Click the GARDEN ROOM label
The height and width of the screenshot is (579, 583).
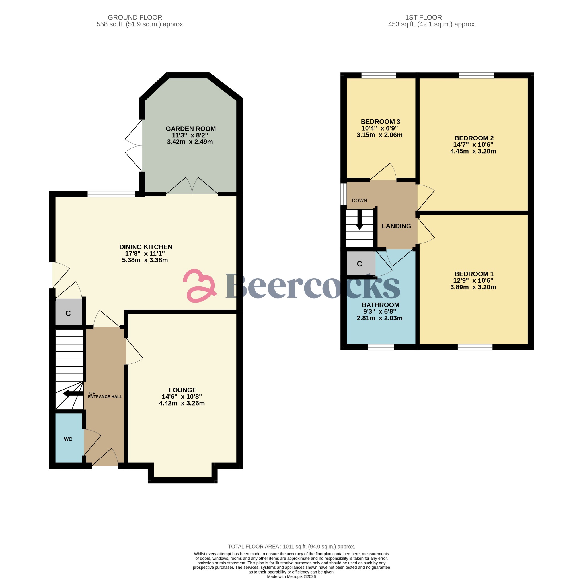pos(190,129)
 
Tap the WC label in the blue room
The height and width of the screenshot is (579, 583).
pos(68,439)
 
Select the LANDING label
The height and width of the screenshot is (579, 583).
pos(396,226)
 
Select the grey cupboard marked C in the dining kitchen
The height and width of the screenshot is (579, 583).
pos(68,313)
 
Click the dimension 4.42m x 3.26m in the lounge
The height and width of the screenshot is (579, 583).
pos(182,403)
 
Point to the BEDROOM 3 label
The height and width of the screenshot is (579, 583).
pos(380,122)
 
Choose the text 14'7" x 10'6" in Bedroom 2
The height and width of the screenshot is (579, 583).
pos(473,145)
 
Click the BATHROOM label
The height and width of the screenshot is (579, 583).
pos(380,305)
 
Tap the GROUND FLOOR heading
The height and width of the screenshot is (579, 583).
pos(135,17)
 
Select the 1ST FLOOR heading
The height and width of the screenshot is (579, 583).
pos(423,17)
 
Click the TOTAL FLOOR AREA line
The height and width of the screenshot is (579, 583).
pos(291,547)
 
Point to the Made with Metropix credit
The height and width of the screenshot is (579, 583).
pos(291,576)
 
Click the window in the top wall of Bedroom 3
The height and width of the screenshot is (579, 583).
pos(378,75)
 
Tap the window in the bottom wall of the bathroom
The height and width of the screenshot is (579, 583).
pos(381,347)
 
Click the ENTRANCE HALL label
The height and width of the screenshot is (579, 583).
pos(105,397)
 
